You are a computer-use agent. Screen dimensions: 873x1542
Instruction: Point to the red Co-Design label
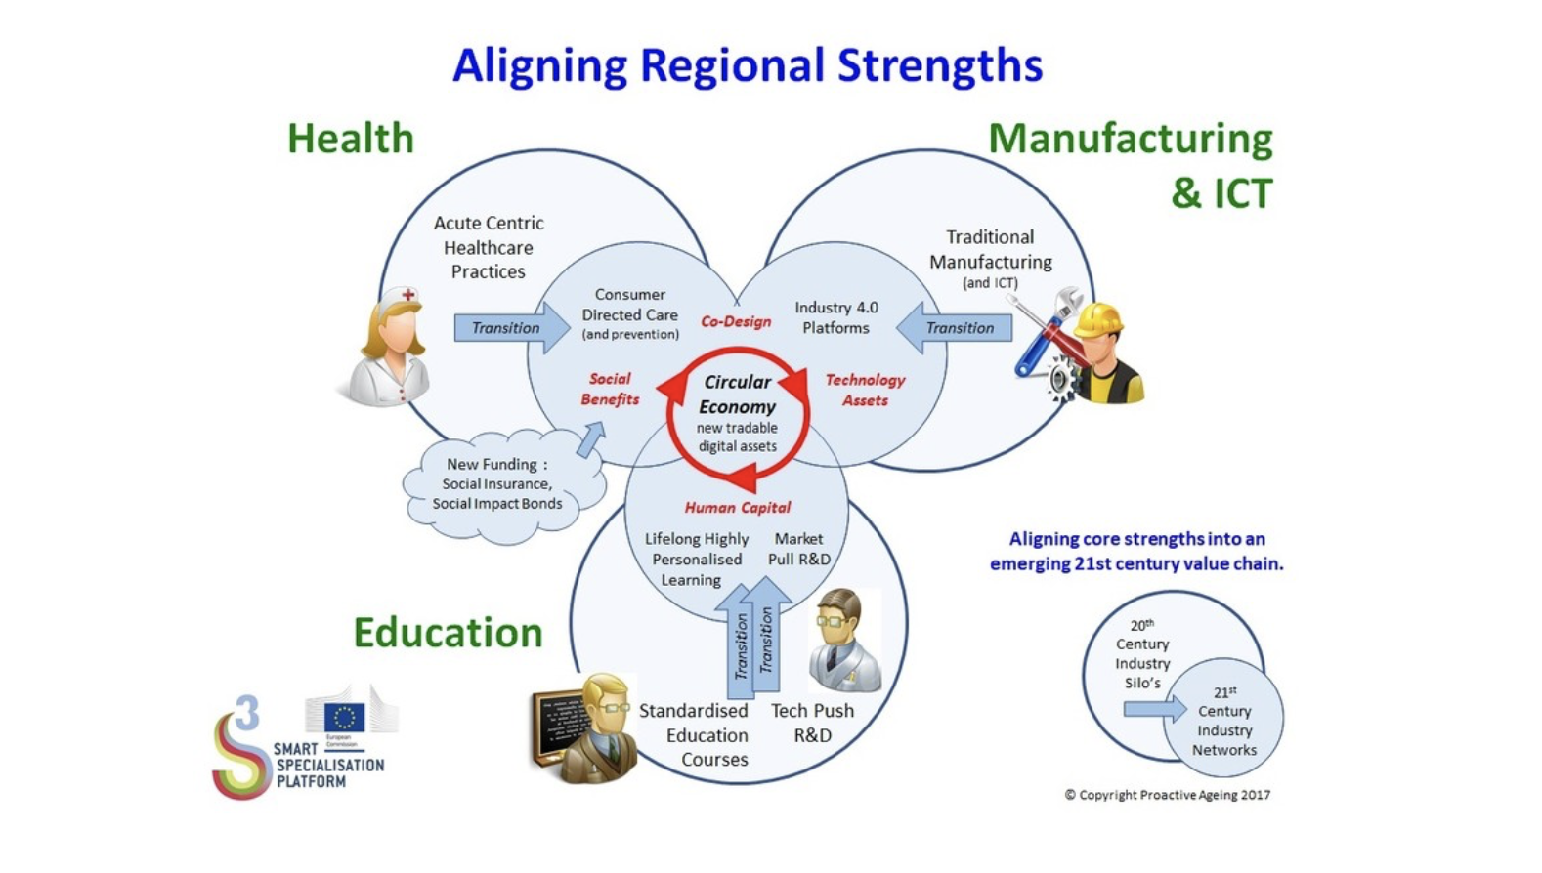click(x=736, y=321)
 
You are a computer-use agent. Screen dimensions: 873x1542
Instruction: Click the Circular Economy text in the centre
click(x=738, y=395)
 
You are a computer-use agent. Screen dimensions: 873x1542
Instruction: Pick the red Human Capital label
click(x=737, y=508)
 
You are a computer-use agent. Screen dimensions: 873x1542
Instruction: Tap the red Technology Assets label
click(x=865, y=390)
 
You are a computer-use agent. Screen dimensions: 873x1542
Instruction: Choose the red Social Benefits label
click(x=610, y=389)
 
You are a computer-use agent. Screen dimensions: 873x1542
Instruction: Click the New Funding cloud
click(x=499, y=484)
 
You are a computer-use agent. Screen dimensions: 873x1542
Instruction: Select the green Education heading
click(x=448, y=633)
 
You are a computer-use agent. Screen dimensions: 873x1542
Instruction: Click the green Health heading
click(x=351, y=139)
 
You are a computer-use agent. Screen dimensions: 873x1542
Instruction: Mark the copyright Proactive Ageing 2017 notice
click(x=1167, y=795)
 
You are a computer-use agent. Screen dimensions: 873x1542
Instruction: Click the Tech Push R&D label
click(x=812, y=723)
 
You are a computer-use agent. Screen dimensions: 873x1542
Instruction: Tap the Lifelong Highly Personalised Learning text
click(x=696, y=560)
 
